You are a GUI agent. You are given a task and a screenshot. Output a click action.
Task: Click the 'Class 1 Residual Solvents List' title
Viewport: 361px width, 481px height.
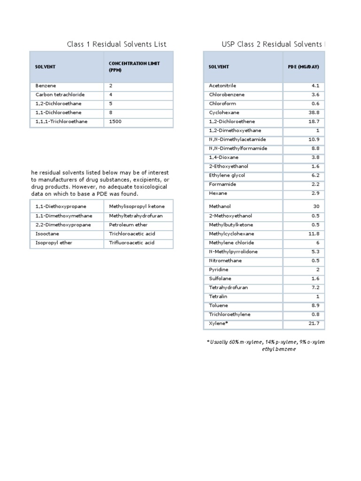pos(117,45)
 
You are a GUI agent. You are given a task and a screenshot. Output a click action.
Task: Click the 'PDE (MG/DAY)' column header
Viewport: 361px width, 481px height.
pos(303,67)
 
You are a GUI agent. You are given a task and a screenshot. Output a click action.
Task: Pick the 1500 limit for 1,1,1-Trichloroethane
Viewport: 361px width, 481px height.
pos(115,122)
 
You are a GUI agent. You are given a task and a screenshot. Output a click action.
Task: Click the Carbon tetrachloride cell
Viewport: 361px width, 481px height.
pos(60,95)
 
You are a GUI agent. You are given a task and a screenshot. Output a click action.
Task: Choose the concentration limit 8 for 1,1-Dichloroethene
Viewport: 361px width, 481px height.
pos(111,113)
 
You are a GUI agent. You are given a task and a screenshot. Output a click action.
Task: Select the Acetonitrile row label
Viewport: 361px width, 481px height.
pos(222,86)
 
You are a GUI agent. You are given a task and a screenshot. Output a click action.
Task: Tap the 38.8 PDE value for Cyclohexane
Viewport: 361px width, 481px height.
pos(314,113)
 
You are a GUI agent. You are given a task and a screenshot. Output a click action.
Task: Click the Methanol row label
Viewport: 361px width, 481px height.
pos(220,207)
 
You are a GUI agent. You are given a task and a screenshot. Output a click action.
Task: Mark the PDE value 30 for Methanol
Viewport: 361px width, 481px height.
pos(316,207)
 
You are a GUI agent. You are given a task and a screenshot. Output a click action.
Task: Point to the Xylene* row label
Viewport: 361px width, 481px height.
pos(219,324)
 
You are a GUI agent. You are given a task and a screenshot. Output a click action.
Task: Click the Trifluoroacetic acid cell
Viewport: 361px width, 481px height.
pos(132,243)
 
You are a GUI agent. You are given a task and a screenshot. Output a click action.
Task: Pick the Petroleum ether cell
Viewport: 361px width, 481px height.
pos(128,225)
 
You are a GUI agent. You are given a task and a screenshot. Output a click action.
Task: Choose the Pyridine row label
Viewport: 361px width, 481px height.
pos(219,270)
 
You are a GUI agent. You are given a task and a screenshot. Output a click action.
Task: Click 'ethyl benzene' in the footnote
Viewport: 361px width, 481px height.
pos(279,350)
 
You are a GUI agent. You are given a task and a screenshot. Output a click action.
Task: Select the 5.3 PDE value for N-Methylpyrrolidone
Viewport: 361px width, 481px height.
pos(315,252)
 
